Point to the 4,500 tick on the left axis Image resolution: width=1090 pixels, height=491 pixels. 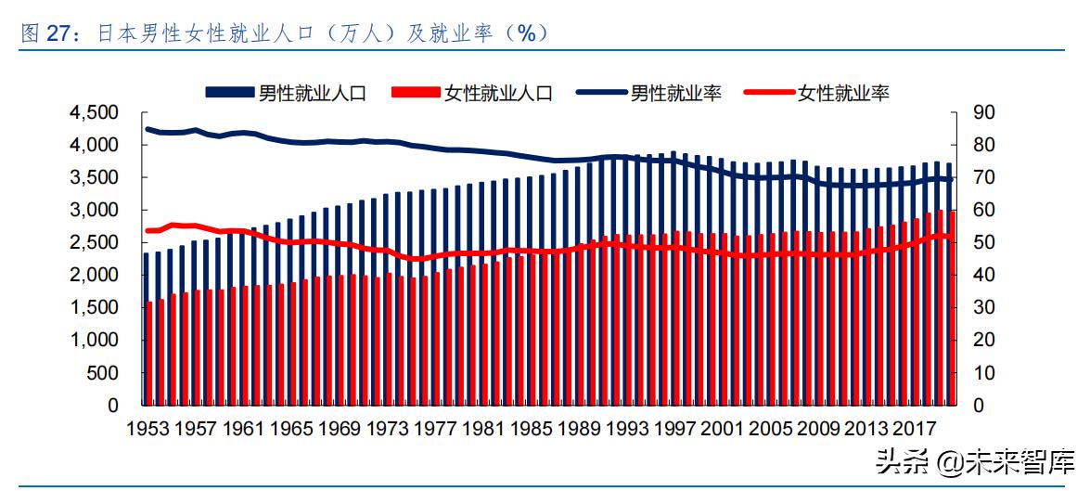(94, 113)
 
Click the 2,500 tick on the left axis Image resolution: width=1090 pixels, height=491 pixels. (94, 243)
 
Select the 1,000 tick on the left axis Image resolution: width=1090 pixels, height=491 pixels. (94, 341)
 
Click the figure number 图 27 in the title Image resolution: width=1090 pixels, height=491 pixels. (45, 34)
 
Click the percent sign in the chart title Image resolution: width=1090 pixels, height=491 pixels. (526, 33)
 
